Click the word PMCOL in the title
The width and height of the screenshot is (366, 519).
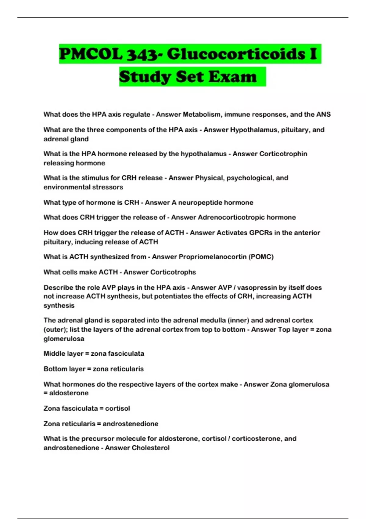91,54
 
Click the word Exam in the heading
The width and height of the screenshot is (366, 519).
233,76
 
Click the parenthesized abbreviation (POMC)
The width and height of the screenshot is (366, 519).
261,257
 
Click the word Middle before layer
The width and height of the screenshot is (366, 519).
54,354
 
